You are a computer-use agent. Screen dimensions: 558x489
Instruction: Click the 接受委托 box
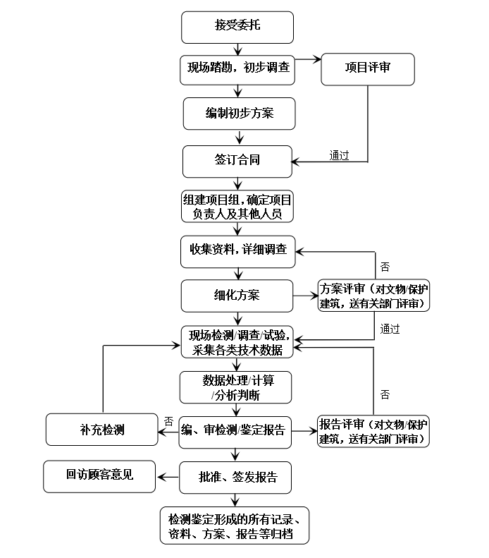coord(236,27)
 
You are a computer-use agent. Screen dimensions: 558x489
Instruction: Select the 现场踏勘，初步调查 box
coord(236,69)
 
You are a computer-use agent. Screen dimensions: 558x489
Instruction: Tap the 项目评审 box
coord(368,69)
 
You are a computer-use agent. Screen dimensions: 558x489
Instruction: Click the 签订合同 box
coord(236,161)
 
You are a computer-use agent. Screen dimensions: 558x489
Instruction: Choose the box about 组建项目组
coord(236,206)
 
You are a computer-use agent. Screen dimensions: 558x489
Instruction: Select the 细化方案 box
coord(236,295)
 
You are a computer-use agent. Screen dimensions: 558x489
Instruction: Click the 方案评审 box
coord(373,296)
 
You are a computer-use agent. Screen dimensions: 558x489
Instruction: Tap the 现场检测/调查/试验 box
coord(236,341)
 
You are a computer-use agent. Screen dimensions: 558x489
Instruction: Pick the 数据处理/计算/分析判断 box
coord(236,387)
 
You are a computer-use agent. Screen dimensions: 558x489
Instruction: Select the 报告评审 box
coord(373,430)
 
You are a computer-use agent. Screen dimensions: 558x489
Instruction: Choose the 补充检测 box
coord(101,430)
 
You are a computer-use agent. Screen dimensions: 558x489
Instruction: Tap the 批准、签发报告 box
coord(236,478)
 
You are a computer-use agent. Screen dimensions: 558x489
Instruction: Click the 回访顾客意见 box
coord(99,475)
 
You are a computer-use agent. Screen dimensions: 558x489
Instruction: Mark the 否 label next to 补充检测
coord(169,420)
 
